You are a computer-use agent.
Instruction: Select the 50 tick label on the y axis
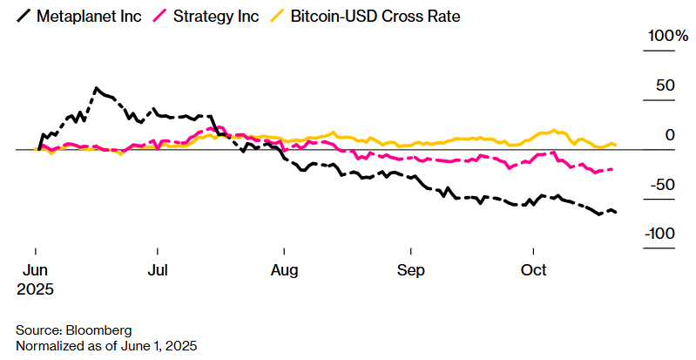666,85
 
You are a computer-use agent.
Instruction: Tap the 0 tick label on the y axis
671,135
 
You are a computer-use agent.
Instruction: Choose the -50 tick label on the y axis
664,185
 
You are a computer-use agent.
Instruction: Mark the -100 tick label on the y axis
660,234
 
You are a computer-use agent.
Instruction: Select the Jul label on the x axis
159,269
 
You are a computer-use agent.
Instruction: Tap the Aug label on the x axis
285,269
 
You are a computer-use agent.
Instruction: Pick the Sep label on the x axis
409,269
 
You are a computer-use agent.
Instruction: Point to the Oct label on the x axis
533,269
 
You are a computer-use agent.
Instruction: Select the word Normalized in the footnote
49,346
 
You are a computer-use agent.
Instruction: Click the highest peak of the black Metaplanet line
96,87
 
